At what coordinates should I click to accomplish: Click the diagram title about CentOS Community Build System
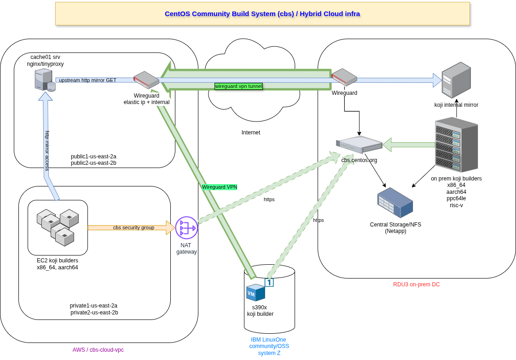(262, 14)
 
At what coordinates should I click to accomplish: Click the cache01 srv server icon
(45, 80)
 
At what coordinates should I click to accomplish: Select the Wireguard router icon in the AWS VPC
(146, 80)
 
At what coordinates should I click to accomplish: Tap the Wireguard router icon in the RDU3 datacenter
(344, 77)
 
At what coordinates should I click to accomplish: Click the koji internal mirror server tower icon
(456, 80)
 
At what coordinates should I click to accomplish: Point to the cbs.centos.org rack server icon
(359, 145)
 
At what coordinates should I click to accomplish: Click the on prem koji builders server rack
(456, 145)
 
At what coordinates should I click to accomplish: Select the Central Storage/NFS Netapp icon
(395, 203)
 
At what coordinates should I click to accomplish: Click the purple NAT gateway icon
(186, 228)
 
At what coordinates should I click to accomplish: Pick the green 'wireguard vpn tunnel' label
(238, 86)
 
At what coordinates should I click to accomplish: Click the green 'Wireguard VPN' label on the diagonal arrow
(219, 187)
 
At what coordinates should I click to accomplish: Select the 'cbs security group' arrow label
(133, 227)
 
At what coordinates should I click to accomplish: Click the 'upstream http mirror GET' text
(87, 80)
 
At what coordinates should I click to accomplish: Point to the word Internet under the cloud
(251, 133)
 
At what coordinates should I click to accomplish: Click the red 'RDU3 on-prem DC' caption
(416, 285)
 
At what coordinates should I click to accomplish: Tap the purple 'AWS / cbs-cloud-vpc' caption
(98, 350)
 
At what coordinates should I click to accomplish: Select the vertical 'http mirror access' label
(47, 151)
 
